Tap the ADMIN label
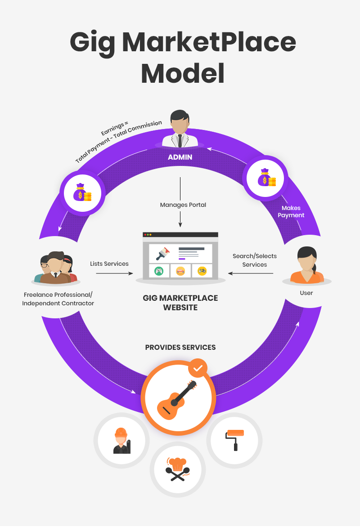click(180, 157)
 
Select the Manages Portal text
click(183, 205)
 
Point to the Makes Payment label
click(291, 212)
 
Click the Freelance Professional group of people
click(56, 268)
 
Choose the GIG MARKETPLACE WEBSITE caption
click(180, 303)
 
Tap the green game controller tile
click(159, 271)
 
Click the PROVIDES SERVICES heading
click(180, 348)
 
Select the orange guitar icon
click(177, 397)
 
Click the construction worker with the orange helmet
click(121, 441)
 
